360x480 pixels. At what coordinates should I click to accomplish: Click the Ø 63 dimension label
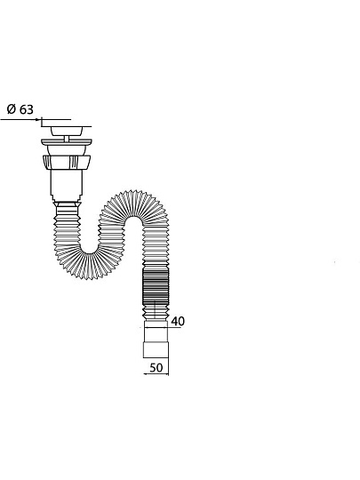[20, 109]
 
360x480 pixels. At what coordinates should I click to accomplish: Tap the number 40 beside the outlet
[178, 321]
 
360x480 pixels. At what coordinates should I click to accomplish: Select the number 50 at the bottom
[156, 368]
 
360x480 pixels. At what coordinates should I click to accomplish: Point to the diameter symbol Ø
[12, 109]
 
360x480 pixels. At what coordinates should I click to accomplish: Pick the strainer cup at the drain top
[67, 132]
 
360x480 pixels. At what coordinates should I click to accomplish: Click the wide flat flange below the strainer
[67, 142]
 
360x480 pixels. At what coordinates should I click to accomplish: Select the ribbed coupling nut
[67, 162]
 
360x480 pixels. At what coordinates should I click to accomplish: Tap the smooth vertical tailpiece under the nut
[67, 185]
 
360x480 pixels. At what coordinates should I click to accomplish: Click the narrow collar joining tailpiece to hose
[67, 204]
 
